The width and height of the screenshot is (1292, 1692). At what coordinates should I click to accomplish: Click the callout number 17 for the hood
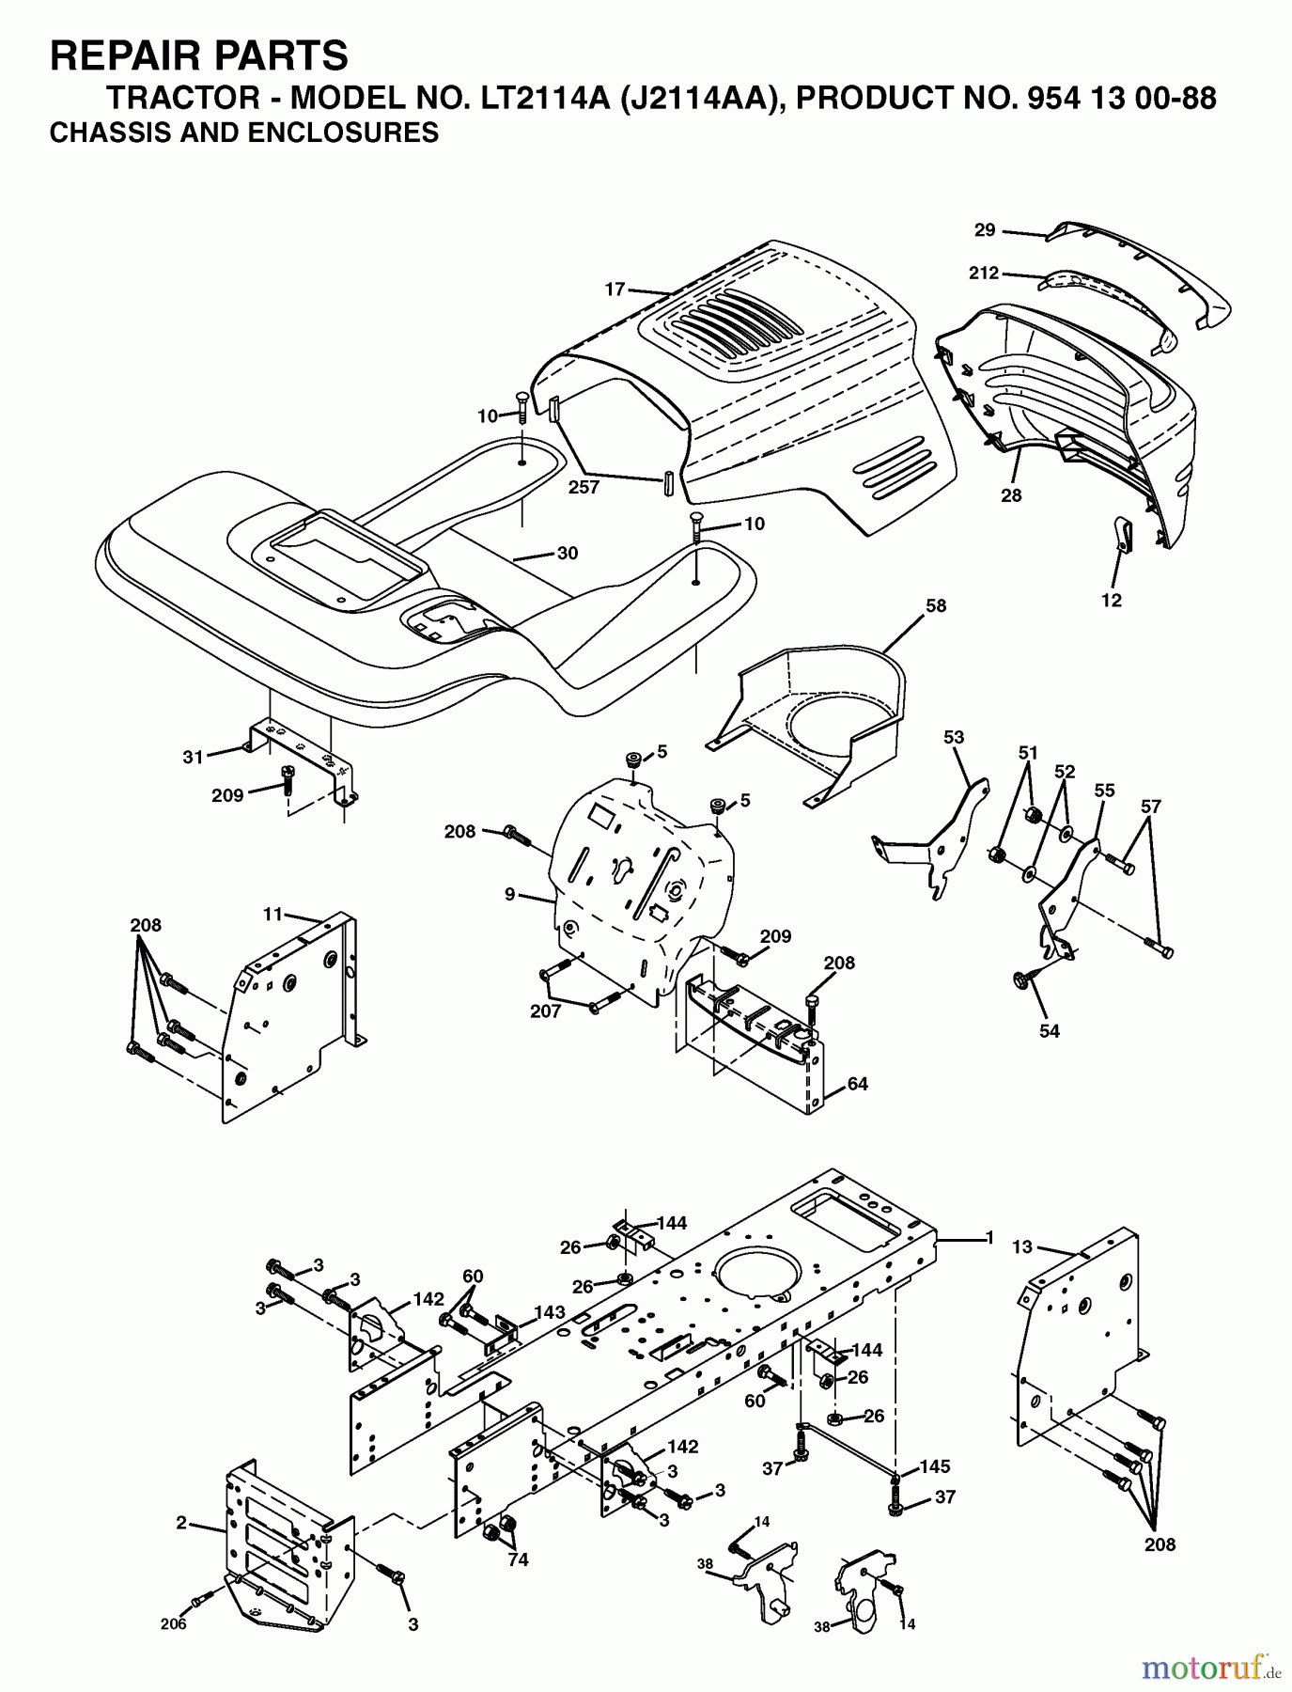tap(615, 290)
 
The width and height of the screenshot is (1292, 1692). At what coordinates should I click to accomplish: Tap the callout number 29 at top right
tap(984, 229)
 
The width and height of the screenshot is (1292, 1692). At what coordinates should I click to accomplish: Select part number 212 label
tap(983, 274)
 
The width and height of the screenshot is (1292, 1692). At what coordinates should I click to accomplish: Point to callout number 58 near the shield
tap(935, 606)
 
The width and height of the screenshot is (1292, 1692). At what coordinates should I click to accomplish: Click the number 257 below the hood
tap(584, 488)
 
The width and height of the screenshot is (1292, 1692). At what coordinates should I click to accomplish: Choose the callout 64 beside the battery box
tap(857, 1084)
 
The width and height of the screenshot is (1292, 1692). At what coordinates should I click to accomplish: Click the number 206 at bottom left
tap(174, 1623)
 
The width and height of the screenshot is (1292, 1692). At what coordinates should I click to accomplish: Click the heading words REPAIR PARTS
tap(198, 56)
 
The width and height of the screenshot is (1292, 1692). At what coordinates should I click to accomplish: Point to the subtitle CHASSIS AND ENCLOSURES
tap(243, 133)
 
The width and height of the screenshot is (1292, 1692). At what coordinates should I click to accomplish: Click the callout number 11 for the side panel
tap(272, 913)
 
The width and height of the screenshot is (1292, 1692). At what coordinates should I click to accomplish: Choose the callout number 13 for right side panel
tap(1021, 1246)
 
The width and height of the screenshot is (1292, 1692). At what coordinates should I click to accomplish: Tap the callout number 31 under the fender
tap(193, 757)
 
